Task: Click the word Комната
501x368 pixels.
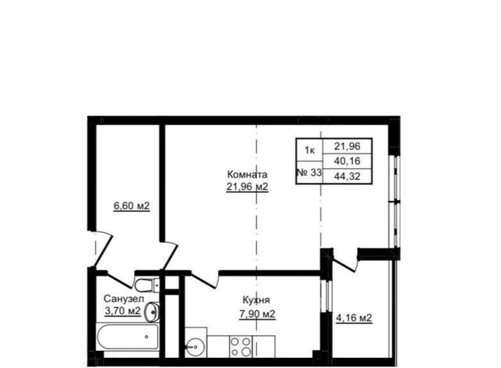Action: (x=247, y=175)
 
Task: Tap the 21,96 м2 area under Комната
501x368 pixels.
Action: (x=247, y=187)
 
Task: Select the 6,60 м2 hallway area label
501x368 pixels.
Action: (x=132, y=206)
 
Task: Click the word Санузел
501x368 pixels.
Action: (x=124, y=298)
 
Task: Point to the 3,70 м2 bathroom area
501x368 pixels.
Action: (x=123, y=311)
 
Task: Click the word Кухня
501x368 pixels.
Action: (x=256, y=300)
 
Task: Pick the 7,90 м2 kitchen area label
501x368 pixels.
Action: (x=258, y=314)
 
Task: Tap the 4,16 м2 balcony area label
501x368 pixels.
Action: (x=354, y=318)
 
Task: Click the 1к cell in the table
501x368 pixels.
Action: (x=309, y=150)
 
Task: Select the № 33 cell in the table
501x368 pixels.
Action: (x=309, y=173)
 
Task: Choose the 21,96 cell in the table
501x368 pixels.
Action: (x=348, y=146)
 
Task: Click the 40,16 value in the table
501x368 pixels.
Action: (x=348, y=161)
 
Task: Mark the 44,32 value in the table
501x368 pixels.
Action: (x=348, y=176)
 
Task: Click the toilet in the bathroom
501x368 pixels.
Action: (x=147, y=284)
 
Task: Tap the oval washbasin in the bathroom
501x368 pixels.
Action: (x=152, y=312)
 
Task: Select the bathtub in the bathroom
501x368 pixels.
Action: (x=128, y=337)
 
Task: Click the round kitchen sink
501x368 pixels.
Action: (x=195, y=347)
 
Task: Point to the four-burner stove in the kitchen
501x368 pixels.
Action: (x=241, y=347)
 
